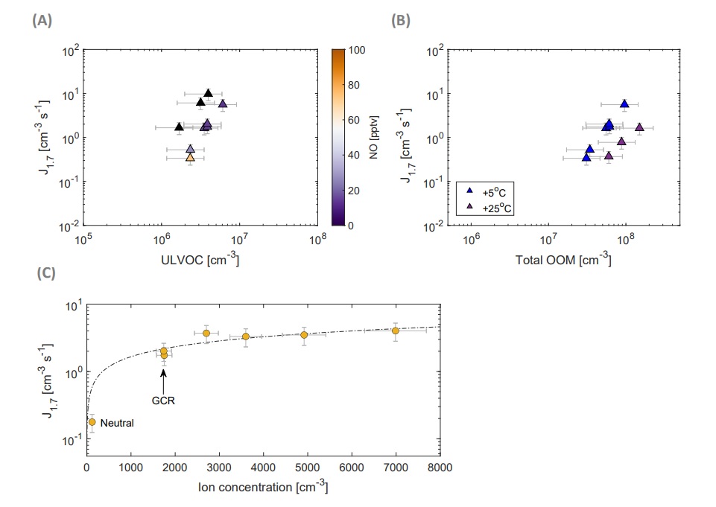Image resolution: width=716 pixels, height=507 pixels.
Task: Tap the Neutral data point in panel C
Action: click(x=92, y=422)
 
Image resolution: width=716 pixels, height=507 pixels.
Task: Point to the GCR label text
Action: click(x=163, y=399)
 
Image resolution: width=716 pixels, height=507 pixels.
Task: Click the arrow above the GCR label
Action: click(x=163, y=378)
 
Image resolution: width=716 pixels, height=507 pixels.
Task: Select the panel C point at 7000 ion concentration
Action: click(x=395, y=331)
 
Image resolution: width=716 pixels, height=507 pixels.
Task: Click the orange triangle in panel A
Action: click(x=190, y=158)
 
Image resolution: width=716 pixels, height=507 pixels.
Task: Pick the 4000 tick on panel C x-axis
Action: click(x=263, y=468)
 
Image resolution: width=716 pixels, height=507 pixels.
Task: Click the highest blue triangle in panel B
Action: click(x=624, y=103)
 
